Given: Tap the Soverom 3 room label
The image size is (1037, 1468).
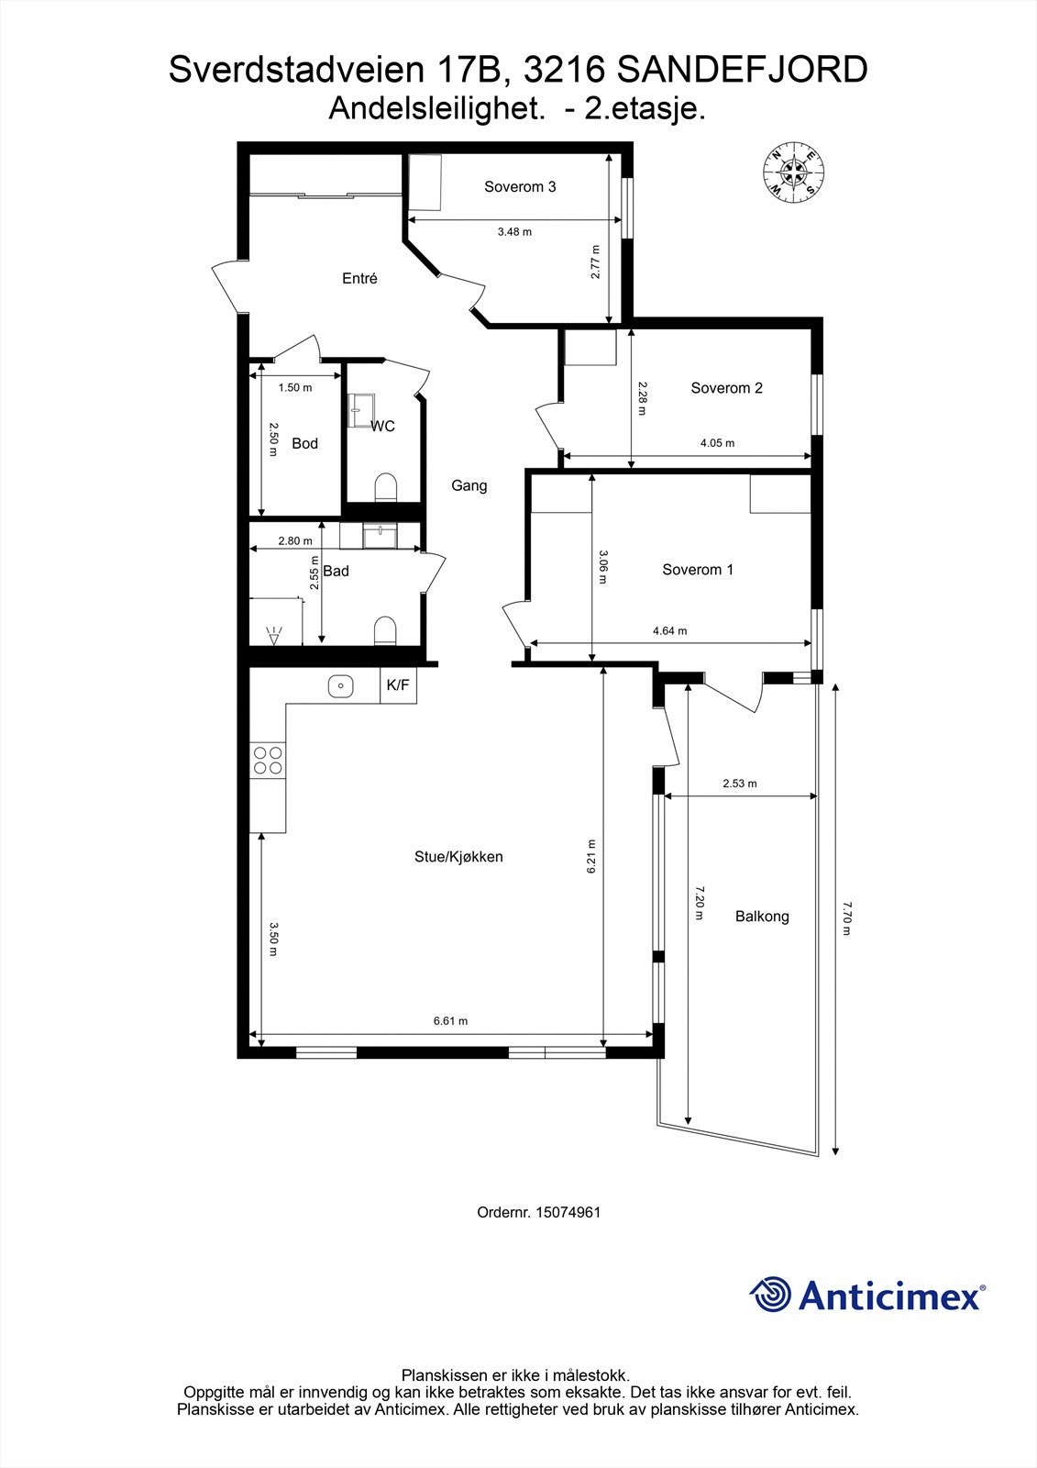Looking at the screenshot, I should [520, 187].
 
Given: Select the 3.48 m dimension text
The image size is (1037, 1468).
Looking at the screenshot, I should [514, 232].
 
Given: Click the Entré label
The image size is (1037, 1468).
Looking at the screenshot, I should [359, 279].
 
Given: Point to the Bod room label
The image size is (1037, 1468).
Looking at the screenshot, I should [304, 444].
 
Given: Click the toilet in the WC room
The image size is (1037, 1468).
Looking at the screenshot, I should [386, 487].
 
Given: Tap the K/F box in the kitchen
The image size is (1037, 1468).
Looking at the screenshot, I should [398, 685].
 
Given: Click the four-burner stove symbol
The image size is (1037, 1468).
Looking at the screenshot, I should [268, 760].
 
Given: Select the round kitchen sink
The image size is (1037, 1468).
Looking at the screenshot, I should [341, 685].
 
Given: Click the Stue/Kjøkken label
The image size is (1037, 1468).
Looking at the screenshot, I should [458, 858].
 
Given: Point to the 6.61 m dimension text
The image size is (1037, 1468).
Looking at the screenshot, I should [450, 1021].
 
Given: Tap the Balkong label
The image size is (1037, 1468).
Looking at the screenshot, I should [762, 917].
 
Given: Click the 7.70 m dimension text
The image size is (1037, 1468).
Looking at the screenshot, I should [846, 917].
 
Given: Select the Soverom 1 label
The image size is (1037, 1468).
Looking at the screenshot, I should [698, 570].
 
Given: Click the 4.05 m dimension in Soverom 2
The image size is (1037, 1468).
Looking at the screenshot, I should [717, 443].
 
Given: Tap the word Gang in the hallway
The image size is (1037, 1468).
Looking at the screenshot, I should [469, 486].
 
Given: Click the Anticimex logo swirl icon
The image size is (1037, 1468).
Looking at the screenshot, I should [770, 1295].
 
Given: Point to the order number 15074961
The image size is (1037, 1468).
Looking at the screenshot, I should [568, 1212].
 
